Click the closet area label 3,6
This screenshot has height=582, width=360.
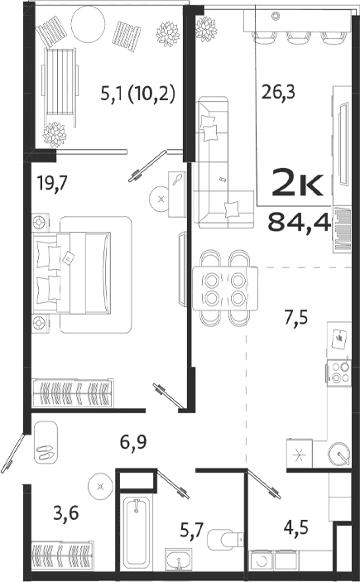69,513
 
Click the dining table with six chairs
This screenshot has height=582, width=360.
225,289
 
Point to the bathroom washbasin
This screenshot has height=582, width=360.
178,562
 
